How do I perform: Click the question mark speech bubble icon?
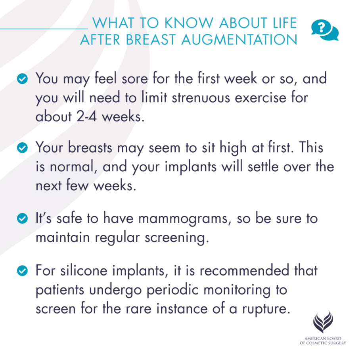coord(325,30)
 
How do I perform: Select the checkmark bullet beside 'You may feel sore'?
coord(24,79)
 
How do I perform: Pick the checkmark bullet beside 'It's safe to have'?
coord(24,218)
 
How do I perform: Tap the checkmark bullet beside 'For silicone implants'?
coord(24,271)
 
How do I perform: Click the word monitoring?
coord(231,290)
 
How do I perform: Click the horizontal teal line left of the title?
coord(44,29)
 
